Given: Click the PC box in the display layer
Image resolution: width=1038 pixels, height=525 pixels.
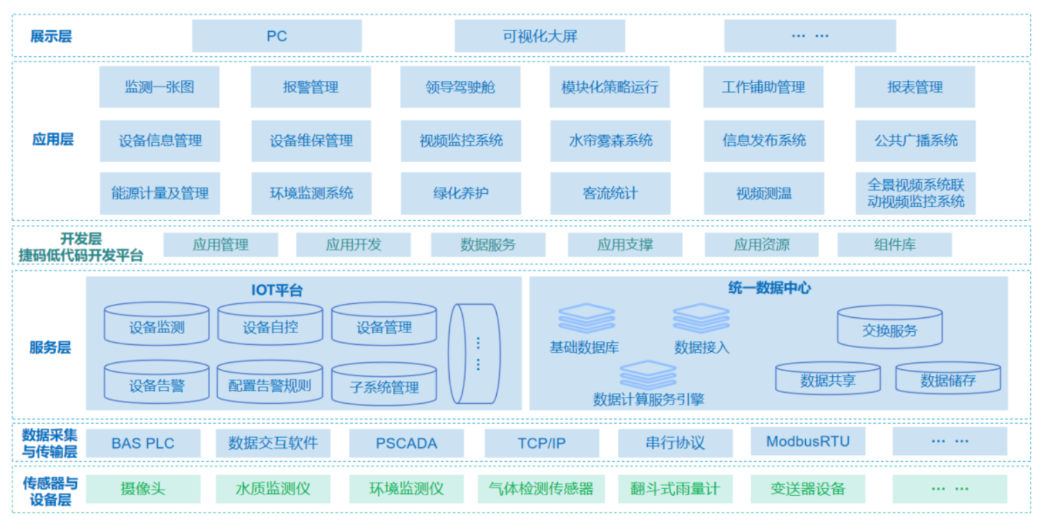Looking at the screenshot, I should tap(276, 36).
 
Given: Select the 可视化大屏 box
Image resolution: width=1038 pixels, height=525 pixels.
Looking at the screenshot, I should tap(539, 36).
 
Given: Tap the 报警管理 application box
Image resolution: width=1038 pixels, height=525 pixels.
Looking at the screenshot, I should tap(310, 87).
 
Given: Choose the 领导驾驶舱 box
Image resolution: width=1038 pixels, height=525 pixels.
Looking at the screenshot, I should tap(460, 87).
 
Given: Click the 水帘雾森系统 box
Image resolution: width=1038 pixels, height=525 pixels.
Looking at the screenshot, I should tap(610, 141).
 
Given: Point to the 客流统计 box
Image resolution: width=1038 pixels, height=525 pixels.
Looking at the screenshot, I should tap(610, 193).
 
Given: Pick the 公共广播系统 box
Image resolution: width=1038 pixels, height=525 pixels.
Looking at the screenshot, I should tap(915, 141).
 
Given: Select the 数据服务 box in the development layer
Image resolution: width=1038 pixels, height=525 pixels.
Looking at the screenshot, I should tap(488, 244).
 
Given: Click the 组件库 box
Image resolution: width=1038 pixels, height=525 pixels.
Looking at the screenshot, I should tap(895, 244).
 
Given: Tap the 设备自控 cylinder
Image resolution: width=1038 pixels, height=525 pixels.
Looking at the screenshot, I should tap(270, 326).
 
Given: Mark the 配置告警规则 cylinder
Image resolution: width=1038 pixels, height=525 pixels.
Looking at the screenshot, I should tap(270, 384).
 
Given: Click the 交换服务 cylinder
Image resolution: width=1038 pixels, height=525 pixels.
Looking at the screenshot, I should tap(890, 328).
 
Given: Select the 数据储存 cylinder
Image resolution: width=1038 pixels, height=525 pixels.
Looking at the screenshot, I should tap(948, 379).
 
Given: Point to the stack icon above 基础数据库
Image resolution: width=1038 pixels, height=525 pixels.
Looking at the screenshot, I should tap(586, 318).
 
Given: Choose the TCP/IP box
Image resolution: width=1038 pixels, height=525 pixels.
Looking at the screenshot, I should tap(541, 443).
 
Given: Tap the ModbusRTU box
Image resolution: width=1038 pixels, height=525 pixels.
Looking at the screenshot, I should tap(808, 441).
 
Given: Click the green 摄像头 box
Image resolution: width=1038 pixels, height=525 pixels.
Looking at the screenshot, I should tap(143, 489).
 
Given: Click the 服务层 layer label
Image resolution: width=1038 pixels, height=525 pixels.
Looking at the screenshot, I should tap(50, 347).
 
